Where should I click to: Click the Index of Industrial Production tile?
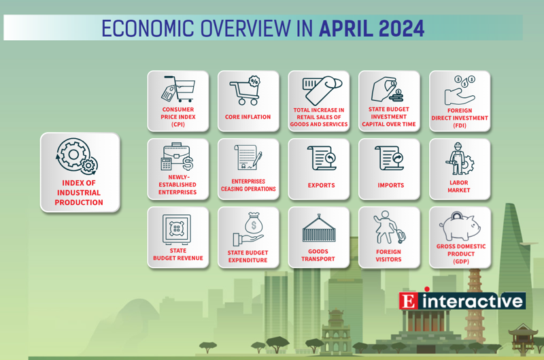click(x=80, y=172)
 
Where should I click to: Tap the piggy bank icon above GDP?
click(x=460, y=227)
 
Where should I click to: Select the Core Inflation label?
click(x=248, y=117)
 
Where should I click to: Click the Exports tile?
click(x=319, y=169)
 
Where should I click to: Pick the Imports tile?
click(x=389, y=169)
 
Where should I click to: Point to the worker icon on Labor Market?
click(x=460, y=159)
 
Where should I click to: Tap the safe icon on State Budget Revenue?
click(x=177, y=229)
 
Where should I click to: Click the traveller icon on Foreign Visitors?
click(x=389, y=227)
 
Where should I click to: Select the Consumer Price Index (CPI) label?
click(x=178, y=117)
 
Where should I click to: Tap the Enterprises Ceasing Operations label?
click(x=248, y=185)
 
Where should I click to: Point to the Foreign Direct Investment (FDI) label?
click(x=460, y=118)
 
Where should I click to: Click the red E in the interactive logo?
click(x=409, y=301)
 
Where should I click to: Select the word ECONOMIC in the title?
click(x=148, y=29)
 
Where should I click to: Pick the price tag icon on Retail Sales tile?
click(x=322, y=90)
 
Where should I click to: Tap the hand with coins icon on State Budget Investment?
click(x=387, y=90)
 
